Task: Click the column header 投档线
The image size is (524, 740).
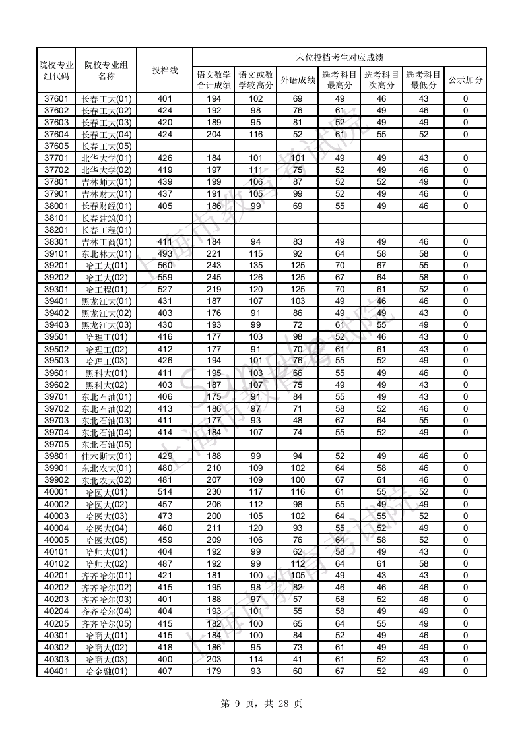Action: (164, 70)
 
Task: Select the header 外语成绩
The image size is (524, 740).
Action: (298, 80)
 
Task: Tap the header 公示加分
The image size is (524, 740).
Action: (465, 80)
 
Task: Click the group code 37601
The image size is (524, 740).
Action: (56, 99)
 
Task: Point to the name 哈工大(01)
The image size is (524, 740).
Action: (106, 265)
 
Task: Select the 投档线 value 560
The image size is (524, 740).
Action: (164, 265)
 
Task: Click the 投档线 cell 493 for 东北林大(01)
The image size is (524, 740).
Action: (164, 253)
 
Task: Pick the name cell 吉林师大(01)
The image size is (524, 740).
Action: (106, 182)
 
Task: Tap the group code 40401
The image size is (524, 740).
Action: (56, 671)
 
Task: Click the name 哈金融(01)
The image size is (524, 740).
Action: (106, 671)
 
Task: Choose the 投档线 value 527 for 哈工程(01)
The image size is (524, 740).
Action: (164, 289)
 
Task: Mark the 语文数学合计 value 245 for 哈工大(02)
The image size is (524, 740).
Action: (214, 277)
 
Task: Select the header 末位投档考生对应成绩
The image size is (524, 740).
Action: (339, 57)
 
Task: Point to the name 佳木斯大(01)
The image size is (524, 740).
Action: (106, 456)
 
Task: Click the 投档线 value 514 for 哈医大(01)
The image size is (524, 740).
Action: (164, 492)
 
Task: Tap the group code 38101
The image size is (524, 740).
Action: (56, 218)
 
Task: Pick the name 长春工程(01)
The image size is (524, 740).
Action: (106, 230)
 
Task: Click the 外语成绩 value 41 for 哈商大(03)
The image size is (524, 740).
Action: (298, 660)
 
